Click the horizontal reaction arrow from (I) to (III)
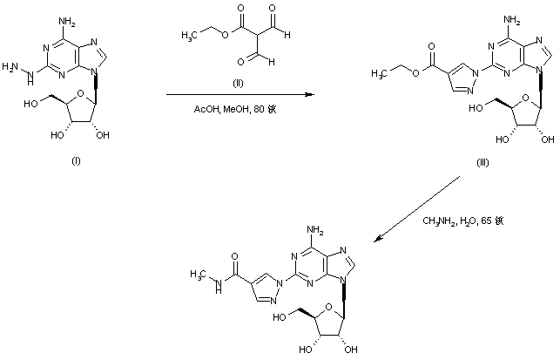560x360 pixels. pyautogui.click(x=235, y=95)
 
